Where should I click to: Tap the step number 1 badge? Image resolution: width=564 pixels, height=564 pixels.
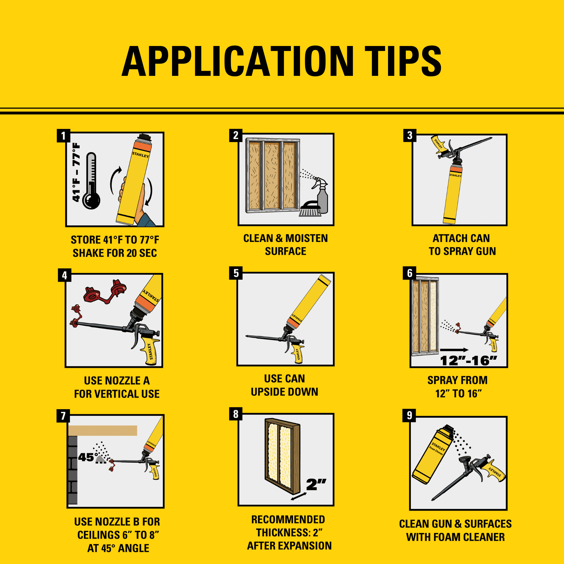click(63, 136)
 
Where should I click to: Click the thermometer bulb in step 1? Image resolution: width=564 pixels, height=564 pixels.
click(91, 200)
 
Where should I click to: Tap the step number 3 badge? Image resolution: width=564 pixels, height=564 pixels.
click(409, 135)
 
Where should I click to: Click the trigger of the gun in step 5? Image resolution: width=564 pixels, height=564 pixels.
click(288, 346)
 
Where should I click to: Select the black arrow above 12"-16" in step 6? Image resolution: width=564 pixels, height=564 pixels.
click(454, 350)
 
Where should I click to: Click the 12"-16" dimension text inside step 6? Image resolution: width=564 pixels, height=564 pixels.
click(468, 361)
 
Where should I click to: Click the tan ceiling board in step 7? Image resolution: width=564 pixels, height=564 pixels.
click(103, 431)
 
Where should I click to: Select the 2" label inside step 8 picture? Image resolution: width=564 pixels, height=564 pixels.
click(316, 485)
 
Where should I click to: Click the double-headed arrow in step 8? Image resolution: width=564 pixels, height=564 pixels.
click(299, 496)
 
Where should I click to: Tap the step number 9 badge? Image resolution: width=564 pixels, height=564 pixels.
click(409, 415)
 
